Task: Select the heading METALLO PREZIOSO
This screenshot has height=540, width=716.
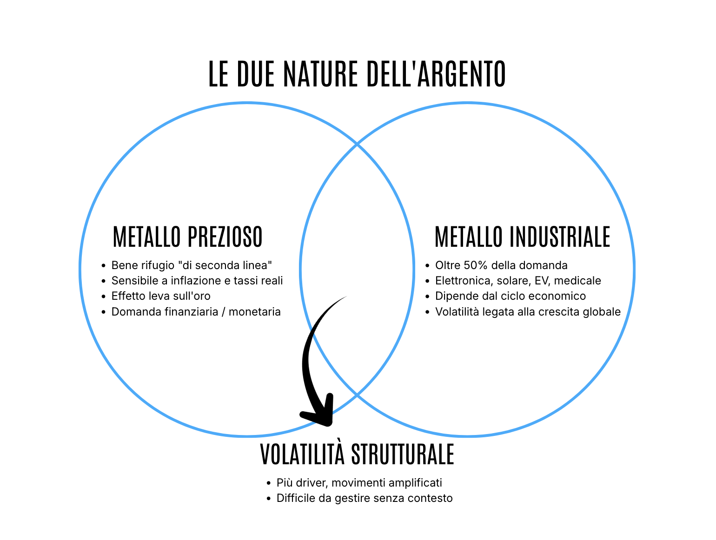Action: [188, 237]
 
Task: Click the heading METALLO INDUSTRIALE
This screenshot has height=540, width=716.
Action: [522, 237]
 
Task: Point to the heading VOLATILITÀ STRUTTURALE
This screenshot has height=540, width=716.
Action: [357, 454]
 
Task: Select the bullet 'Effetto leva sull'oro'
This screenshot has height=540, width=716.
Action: [161, 296]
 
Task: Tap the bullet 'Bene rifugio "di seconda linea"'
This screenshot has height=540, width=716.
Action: [192, 265]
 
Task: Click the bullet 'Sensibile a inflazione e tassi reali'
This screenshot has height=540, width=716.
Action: [197, 281]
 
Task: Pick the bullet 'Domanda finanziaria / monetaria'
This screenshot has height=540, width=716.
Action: [196, 311]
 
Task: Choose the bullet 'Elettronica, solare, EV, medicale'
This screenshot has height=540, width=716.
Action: [518, 281]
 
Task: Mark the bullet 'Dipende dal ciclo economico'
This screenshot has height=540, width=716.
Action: [510, 296]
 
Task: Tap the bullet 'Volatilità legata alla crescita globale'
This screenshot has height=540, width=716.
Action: [528, 311]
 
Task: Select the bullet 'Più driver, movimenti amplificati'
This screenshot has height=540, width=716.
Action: [359, 483]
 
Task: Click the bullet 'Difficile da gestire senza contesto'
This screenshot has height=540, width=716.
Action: [365, 498]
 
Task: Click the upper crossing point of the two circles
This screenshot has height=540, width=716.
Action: [357, 145]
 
